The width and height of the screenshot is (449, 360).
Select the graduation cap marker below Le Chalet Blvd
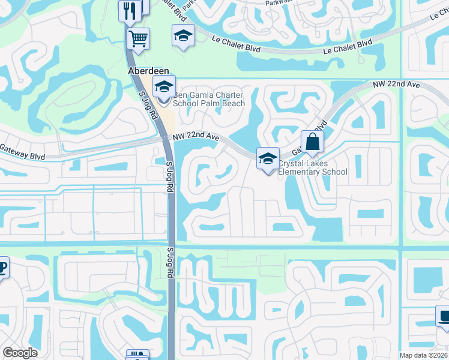183,35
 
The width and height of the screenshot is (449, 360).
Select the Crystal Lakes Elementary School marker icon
268,158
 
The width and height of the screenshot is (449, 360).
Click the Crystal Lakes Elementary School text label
312,167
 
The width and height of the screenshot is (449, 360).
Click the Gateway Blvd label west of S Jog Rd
23,150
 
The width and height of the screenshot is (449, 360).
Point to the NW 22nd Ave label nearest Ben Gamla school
196,137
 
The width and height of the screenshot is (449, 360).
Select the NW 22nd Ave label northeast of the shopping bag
396,85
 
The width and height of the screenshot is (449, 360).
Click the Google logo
20,353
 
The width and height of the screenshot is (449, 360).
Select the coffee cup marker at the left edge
2,268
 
